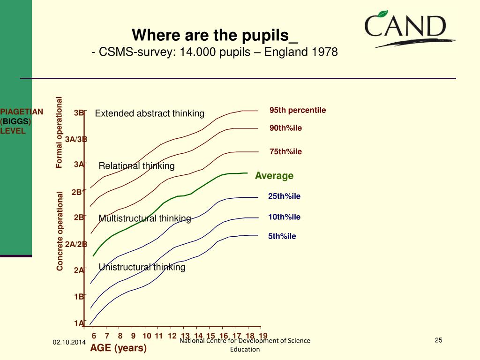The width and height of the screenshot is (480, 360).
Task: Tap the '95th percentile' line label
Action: (297, 110)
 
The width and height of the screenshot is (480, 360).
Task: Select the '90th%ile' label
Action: (285, 128)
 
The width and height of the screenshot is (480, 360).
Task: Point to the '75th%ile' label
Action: (285, 151)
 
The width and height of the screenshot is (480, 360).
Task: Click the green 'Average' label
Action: (274, 176)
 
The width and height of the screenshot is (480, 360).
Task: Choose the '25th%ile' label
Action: (284, 196)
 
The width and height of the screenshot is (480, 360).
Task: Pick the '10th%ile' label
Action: (284, 217)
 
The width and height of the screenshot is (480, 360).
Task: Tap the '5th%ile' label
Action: (282, 236)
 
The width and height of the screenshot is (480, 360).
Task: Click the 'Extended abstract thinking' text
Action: (150, 113)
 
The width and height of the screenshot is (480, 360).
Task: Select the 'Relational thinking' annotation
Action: (136, 166)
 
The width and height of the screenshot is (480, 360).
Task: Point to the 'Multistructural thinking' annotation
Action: (145, 218)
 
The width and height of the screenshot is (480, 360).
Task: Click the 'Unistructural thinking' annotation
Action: (142, 267)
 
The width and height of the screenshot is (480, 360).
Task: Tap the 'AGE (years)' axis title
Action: (119, 348)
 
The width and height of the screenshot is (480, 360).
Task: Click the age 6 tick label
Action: (94, 336)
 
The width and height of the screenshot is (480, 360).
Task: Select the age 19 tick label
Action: (263, 336)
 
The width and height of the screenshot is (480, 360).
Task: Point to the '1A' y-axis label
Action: (79, 323)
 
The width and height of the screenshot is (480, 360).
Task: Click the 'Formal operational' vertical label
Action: (59, 132)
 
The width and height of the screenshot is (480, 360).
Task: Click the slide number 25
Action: (439, 340)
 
